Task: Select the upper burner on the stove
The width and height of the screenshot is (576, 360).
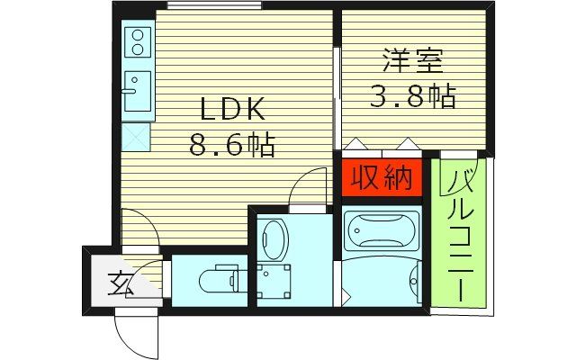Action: [x=138, y=37]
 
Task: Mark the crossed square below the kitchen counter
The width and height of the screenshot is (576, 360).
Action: [x=138, y=138]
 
